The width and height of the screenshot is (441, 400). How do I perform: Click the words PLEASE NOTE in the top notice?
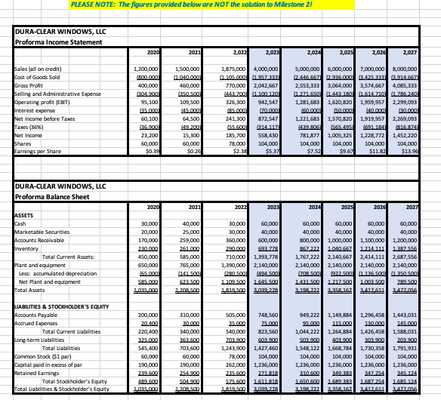pyautogui.click(x=89, y=5)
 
